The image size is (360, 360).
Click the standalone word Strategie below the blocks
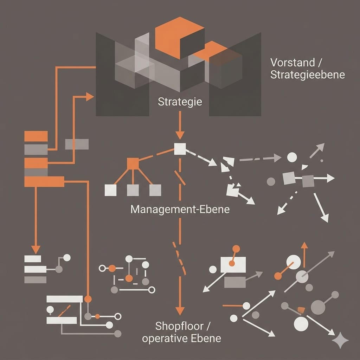pos(180,102)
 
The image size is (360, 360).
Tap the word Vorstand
pos(288,63)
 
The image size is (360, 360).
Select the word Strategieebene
pos(308,75)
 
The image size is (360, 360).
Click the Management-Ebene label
pos(180,210)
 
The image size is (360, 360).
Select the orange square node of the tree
pos(133,163)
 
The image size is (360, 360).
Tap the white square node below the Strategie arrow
pos(180,149)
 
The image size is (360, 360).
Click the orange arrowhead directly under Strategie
pos(180,135)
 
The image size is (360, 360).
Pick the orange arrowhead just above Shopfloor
pos(180,310)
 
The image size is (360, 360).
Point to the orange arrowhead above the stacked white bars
pos(35,249)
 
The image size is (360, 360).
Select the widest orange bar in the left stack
pos(44,181)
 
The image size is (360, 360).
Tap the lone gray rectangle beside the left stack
pos(77,144)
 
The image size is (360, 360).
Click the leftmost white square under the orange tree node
pos(110,190)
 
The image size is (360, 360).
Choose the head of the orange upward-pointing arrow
pos(304,245)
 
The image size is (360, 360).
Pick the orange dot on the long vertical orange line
pos(88,299)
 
